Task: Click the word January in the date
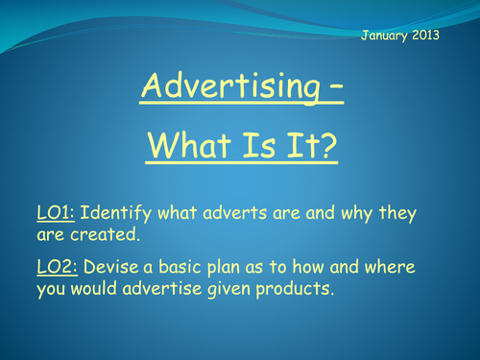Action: [386, 36]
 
